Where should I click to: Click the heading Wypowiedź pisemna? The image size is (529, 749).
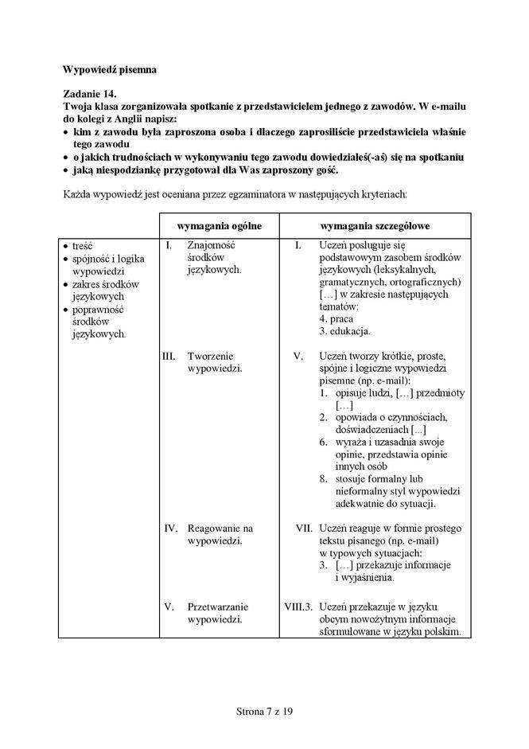[x=109, y=69]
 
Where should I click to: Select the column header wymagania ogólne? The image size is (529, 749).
[x=219, y=226]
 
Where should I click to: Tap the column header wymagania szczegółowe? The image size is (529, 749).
[x=375, y=226]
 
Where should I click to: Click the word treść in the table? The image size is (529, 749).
[x=83, y=246]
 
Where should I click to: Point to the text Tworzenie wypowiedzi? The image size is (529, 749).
[x=214, y=362]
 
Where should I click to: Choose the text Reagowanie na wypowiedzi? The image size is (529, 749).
[x=219, y=534]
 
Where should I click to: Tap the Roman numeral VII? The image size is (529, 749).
[x=303, y=528]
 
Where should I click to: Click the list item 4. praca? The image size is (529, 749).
[x=336, y=318]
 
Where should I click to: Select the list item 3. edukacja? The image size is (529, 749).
[x=345, y=331]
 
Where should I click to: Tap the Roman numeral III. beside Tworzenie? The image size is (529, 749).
[x=169, y=356]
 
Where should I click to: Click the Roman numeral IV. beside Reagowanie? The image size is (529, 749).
[x=170, y=528]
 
